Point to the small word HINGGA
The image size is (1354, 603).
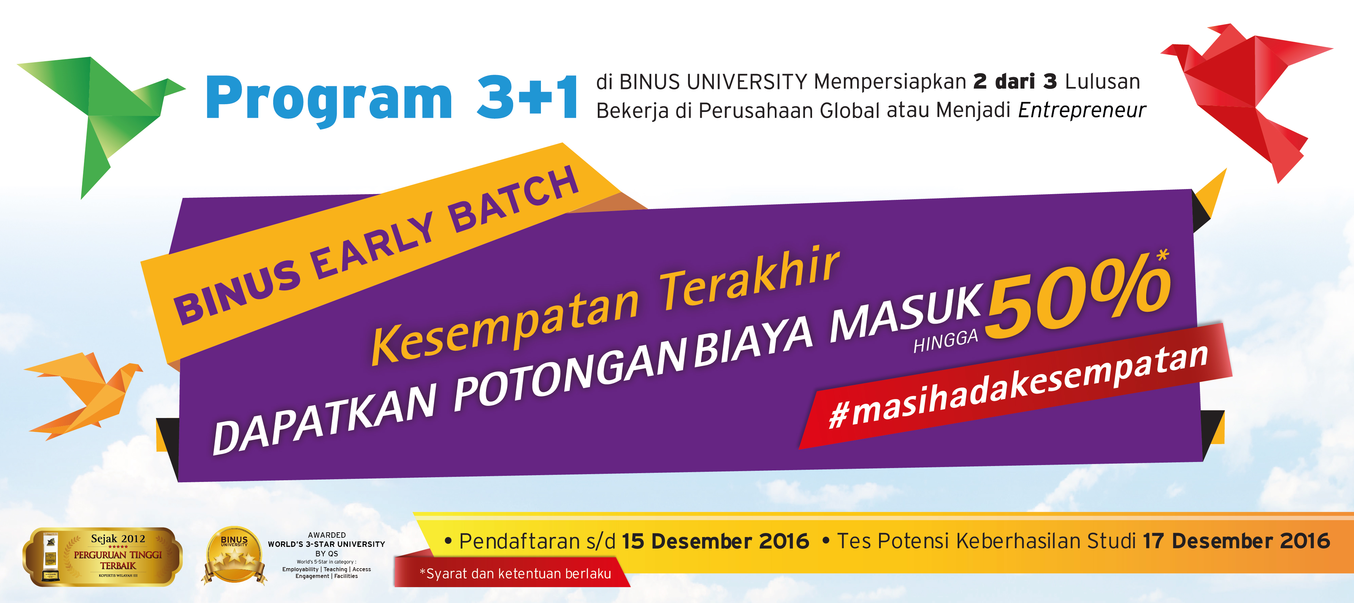[945, 342]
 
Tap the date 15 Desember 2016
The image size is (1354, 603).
[715, 541]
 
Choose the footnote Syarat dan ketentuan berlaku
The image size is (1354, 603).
[516, 574]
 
